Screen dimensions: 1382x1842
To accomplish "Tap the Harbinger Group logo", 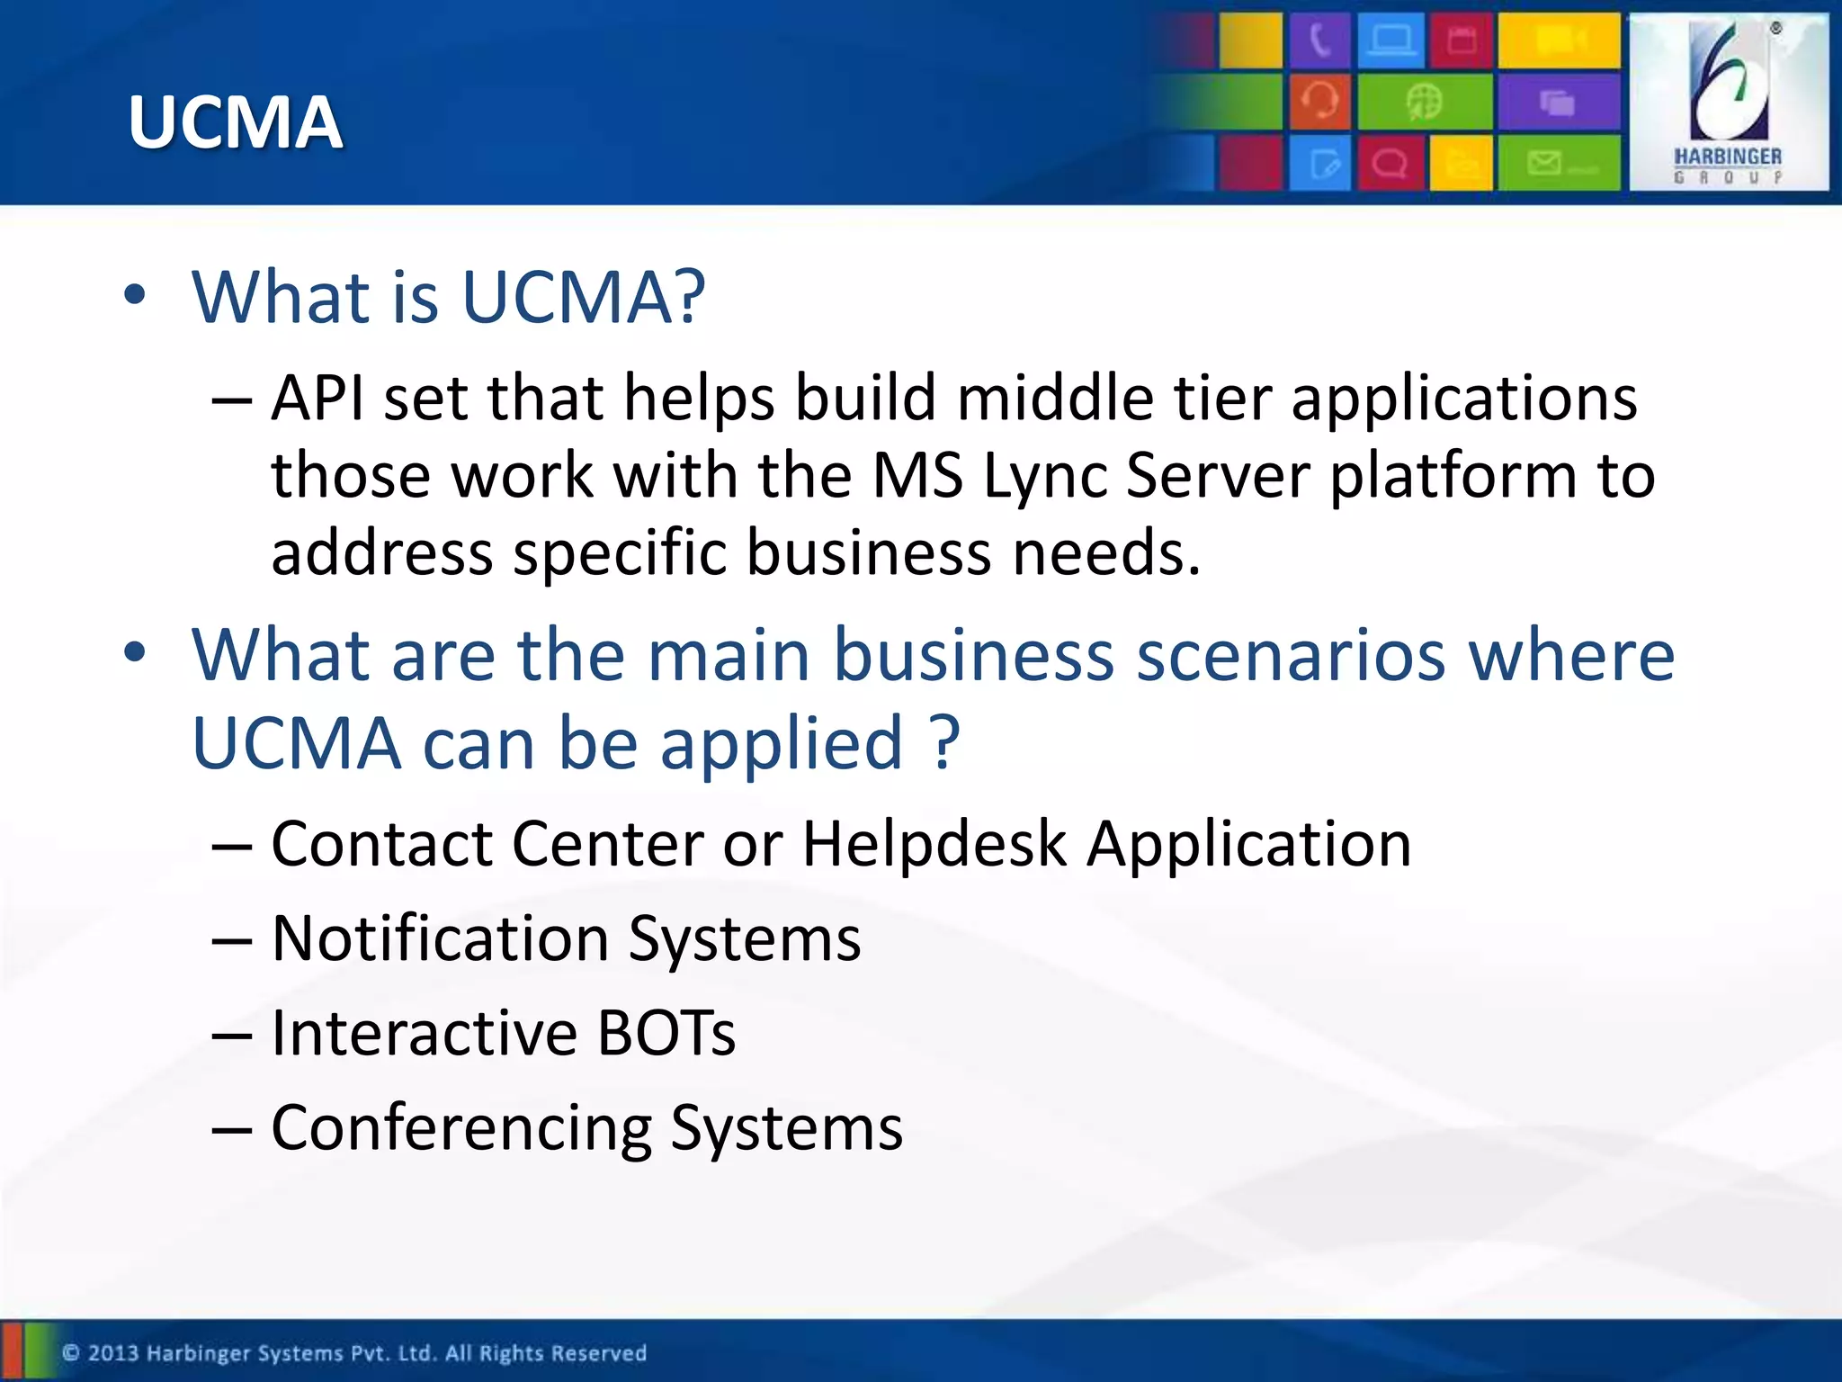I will [x=1728, y=102].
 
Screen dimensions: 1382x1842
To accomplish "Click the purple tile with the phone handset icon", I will [x=1319, y=40].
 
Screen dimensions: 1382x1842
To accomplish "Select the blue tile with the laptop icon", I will [x=1390, y=40].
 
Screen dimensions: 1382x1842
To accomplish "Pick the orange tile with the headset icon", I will [x=1319, y=101].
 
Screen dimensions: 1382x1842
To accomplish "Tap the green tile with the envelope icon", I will [x=1559, y=163].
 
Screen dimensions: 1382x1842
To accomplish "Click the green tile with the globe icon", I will [x=1425, y=101].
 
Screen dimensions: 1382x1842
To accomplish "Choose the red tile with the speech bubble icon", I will [x=1390, y=163].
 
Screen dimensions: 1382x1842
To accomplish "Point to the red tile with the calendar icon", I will [x=1462, y=40].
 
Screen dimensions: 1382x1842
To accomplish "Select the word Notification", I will [x=441, y=938].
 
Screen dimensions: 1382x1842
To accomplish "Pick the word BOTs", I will [x=666, y=1033].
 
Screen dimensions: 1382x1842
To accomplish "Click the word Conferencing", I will [x=461, y=1128].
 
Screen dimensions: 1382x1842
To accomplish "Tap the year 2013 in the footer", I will [x=113, y=1353].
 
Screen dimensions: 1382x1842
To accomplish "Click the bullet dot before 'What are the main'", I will [x=135, y=653].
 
